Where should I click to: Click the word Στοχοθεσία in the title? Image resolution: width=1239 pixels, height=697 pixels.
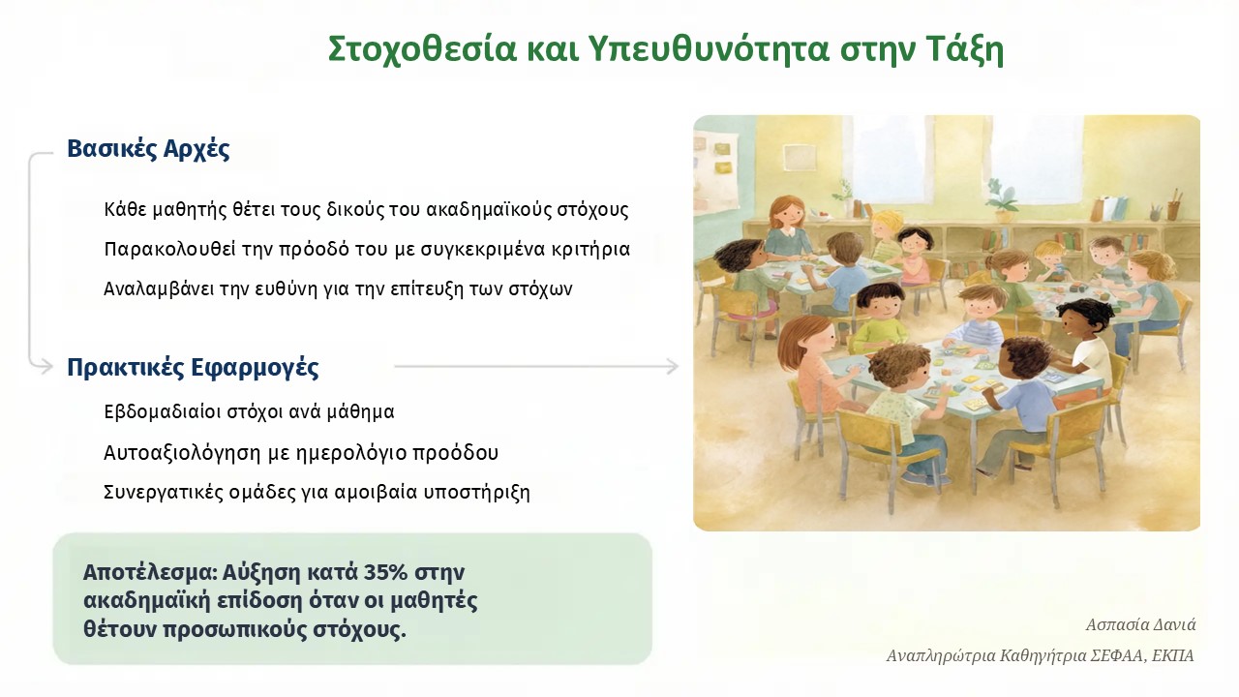tap(422, 49)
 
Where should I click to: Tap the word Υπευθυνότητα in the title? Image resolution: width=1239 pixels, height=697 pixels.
tap(710, 49)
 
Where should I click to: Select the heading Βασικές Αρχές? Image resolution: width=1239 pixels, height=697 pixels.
tap(148, 148)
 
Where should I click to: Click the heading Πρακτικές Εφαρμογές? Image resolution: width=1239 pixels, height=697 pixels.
tap(193, 367)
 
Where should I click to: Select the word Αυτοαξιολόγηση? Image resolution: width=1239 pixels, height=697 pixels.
tap(182, 453)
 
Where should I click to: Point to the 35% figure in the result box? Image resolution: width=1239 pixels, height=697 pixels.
tap(385, 572)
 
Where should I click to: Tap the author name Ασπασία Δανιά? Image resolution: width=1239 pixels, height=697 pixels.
tap(1140, 625)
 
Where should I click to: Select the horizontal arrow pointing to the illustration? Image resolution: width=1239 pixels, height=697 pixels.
tap(536, 366)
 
